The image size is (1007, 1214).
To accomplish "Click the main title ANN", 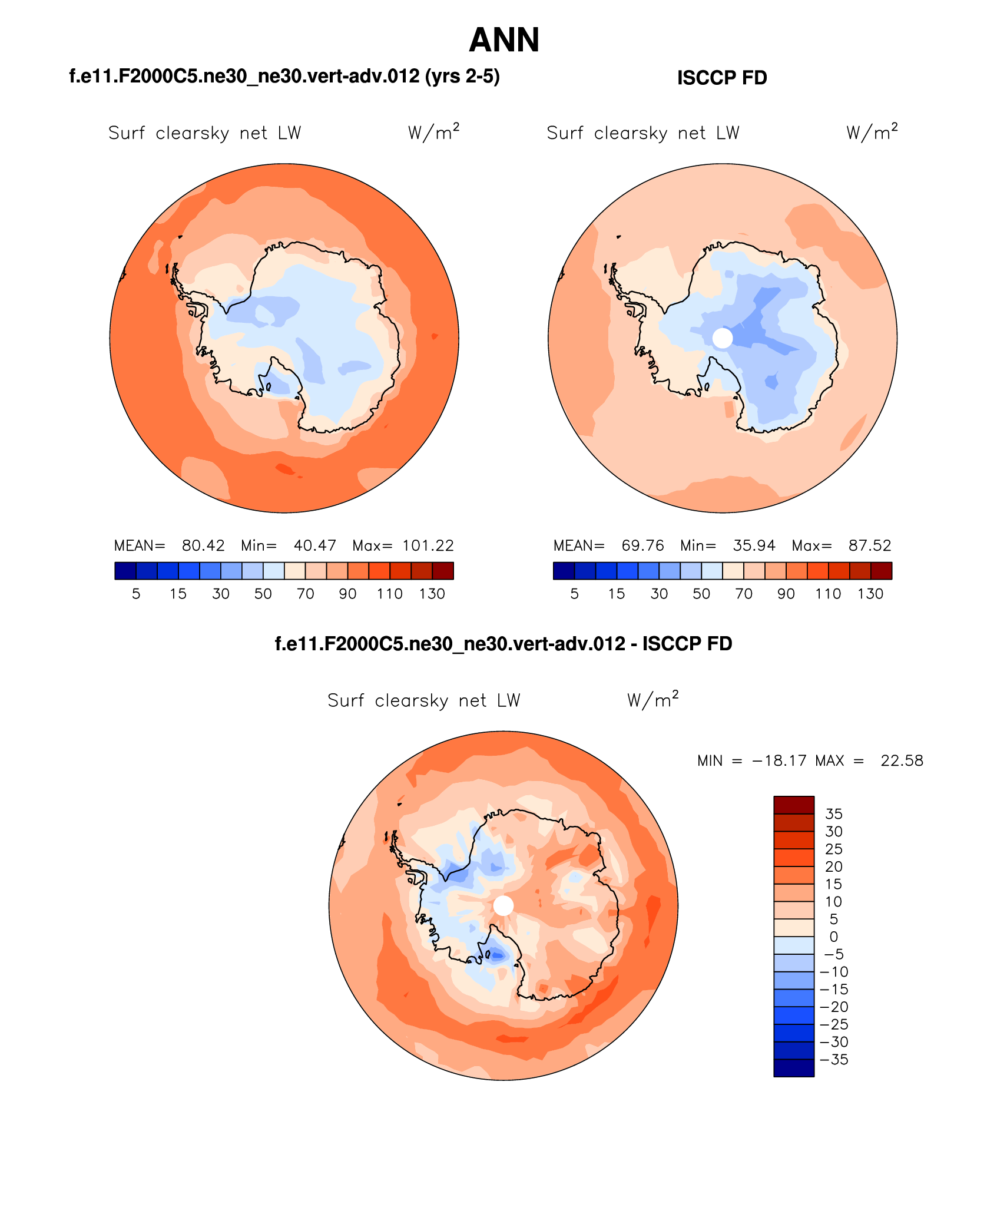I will tap(504, 41).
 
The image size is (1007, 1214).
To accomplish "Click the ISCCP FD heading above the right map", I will tap(722, 78).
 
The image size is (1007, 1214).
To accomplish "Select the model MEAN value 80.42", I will tap(203, 545).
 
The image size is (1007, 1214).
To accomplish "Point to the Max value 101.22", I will tap(428, 545).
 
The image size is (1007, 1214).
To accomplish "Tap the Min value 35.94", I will tap(754, 545).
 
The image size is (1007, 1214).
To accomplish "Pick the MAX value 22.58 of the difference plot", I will tap(902, 760).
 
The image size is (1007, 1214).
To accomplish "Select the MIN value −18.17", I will tap(779, 760).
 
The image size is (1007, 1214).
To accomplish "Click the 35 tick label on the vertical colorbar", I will tap(834, 814).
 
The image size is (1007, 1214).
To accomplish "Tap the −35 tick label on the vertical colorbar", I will tap(834, 1060).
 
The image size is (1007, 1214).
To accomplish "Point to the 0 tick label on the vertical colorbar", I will tap(834, 937).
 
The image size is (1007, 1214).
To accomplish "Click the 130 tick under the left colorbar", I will tap(432, 594).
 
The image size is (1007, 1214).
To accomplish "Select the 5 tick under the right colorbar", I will tap(574, 594).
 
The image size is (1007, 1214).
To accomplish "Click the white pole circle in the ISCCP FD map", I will tap(723, 338).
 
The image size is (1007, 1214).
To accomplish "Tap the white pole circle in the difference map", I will tap(503, 905).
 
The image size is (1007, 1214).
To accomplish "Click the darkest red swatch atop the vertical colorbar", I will tap(794, 805).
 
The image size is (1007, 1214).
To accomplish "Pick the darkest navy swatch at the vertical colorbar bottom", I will tap(794, 1068).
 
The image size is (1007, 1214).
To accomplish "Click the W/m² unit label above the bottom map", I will tap(652, 700).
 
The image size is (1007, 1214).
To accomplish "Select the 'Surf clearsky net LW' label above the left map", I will tap(204, 133).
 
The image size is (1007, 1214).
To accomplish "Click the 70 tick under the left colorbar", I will tap(305, 594).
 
